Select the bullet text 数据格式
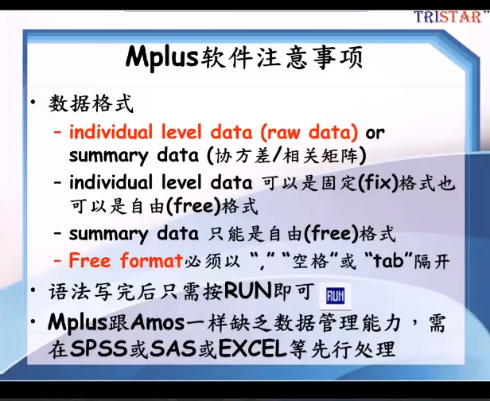(91, 104)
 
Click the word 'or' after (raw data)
(375, 131)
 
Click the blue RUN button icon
(336, 295)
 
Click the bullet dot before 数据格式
(34, 104)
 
